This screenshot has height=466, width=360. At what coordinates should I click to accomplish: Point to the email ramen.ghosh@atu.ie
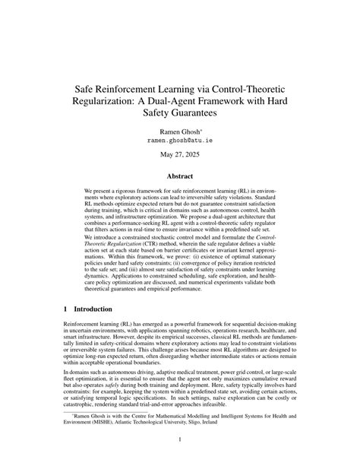click(x=179, y=141)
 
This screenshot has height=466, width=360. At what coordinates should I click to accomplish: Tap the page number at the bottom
click(x=180, y=440)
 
